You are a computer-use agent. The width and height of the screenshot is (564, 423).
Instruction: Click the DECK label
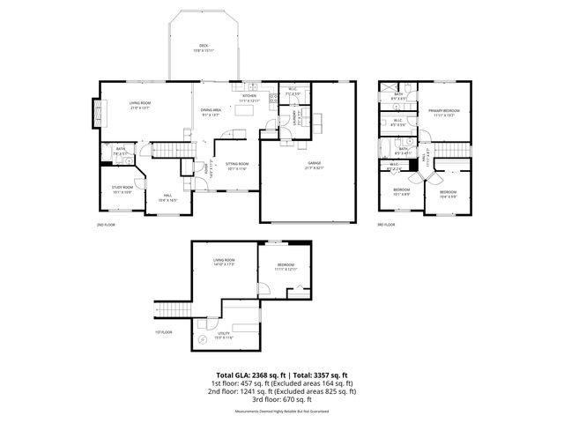204,47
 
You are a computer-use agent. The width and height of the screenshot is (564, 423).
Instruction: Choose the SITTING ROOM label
237,166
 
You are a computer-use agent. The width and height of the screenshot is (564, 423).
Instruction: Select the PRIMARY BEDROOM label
446,112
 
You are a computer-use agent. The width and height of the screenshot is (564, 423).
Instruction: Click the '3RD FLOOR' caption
385,225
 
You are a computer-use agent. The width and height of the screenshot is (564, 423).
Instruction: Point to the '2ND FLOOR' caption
107,225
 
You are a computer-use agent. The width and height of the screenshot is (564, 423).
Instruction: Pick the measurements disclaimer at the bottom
281,412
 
